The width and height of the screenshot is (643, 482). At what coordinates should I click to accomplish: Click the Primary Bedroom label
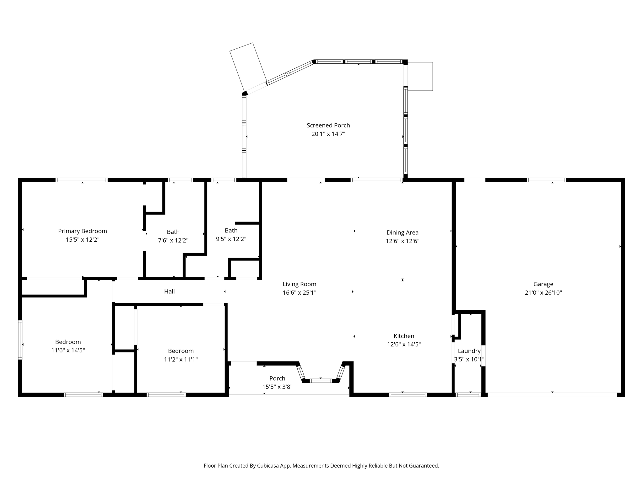coord(83,231)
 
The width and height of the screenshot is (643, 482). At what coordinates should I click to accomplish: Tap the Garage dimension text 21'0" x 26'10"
coord(543,293)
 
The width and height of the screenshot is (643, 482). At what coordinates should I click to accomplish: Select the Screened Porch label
coord(328,126)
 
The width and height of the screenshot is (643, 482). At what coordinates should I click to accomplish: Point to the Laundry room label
coord(469,351)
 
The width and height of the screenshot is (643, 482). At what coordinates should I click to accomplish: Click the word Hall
coord(169,292)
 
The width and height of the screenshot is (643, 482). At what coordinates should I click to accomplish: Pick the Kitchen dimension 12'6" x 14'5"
coord(404,345)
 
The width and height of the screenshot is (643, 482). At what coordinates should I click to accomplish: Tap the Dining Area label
coord(403,233)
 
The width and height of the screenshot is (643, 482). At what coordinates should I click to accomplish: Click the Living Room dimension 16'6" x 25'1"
coord(299,293)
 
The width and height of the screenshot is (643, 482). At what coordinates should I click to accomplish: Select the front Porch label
coord(277,378)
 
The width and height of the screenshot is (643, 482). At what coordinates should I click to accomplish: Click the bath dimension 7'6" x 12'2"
coord(173,241)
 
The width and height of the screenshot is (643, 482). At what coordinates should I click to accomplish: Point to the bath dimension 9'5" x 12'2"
coord(231,239)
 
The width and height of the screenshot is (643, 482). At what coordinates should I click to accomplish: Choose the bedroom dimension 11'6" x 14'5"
coord(68,351)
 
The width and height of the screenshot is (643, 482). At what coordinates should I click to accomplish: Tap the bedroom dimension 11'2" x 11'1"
coord(181,360)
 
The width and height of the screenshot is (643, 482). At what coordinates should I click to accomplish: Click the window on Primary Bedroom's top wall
coord(82,180)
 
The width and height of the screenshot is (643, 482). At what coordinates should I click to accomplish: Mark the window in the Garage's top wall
coord(546,180)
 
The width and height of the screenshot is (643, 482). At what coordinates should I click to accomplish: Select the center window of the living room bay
coord(321,381)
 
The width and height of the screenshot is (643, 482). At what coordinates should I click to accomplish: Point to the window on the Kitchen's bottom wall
coord(408,395)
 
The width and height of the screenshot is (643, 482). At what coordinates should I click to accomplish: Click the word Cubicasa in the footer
coord(269,466)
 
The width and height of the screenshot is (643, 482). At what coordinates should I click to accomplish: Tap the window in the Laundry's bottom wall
coord(468,395)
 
